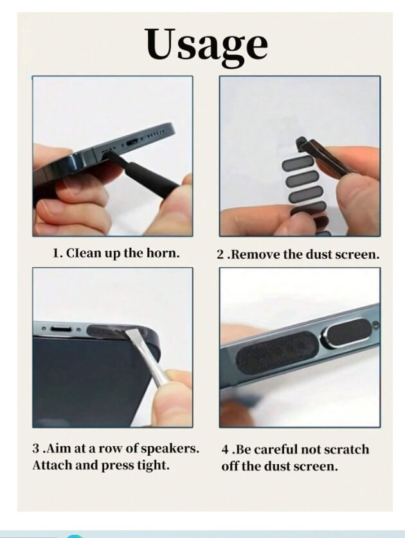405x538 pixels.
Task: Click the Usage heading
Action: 206,44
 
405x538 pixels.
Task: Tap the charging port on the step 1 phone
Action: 133,142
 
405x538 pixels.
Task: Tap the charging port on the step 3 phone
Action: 62,329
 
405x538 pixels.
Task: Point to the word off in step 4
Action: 230,466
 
